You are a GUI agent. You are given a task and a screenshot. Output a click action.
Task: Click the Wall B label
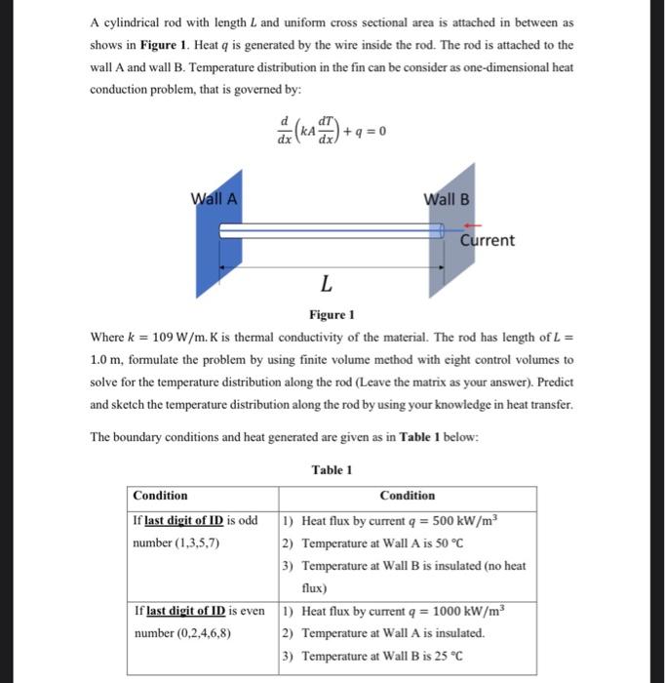[447, 199]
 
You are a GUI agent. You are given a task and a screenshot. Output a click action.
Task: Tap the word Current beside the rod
[488, 240]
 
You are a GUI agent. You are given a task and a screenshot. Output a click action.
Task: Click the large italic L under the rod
[326, 284]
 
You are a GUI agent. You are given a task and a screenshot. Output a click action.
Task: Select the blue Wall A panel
[209, 254]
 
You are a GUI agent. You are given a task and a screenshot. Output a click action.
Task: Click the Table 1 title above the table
[332, 470]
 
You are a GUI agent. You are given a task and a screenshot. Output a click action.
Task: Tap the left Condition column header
[160, 496]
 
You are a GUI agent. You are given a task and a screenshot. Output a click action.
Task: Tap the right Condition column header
[408, 496]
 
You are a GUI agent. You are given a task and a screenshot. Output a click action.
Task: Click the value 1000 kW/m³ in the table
[467, 612]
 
